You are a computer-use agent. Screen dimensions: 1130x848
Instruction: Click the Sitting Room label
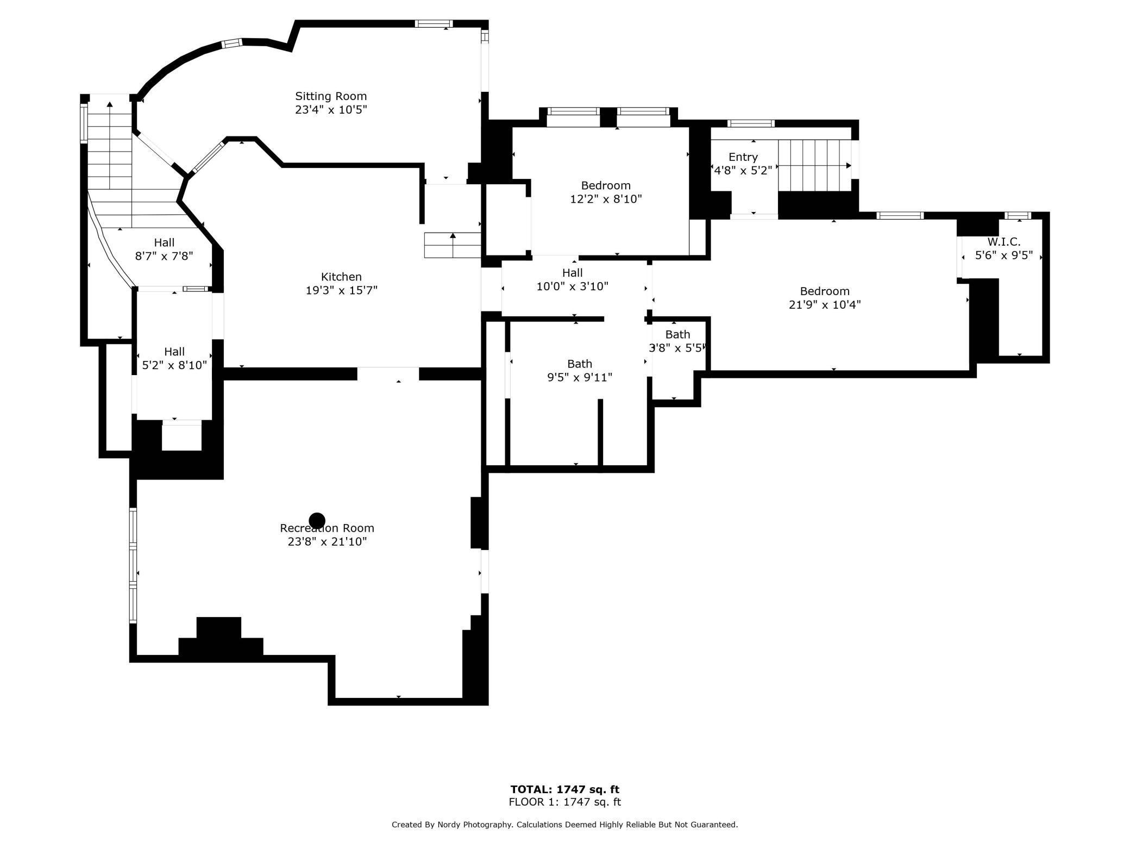point(331,96)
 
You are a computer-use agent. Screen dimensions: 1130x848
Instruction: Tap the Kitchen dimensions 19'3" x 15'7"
point(341,291)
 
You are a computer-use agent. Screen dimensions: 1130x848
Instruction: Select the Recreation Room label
point(327,528)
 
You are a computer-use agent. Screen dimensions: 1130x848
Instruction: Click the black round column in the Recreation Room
point(317,521)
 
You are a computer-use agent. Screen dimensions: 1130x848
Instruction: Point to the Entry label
point(743,157)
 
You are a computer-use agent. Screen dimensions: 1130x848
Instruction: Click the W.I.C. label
point(1004,242)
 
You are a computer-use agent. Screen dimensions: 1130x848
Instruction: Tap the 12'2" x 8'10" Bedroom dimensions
point(606,199)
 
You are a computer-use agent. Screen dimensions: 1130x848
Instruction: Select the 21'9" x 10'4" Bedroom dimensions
point(825,304)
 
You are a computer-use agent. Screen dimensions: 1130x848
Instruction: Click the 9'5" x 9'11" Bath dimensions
point(580,377)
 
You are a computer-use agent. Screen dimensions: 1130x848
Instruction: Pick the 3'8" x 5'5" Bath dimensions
point(676,348)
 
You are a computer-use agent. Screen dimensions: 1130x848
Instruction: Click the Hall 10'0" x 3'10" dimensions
point(573,286)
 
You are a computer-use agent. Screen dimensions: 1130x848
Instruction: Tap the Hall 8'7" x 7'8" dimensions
point(164,256)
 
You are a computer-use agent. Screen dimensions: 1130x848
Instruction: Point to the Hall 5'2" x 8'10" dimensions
point(174,365)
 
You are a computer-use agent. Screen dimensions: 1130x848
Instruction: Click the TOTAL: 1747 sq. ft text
point(565,789)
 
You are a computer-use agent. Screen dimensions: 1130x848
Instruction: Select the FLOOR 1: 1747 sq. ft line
point(565,802)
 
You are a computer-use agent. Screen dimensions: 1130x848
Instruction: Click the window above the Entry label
point(751,123)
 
